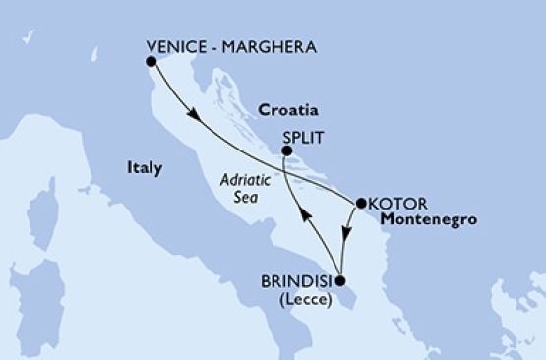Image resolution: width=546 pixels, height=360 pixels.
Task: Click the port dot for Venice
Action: point(152,62)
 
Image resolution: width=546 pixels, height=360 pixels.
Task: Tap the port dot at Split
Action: point(286,150)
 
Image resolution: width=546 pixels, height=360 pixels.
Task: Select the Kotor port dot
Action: point(360,204)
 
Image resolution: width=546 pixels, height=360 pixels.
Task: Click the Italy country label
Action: point(145,168)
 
